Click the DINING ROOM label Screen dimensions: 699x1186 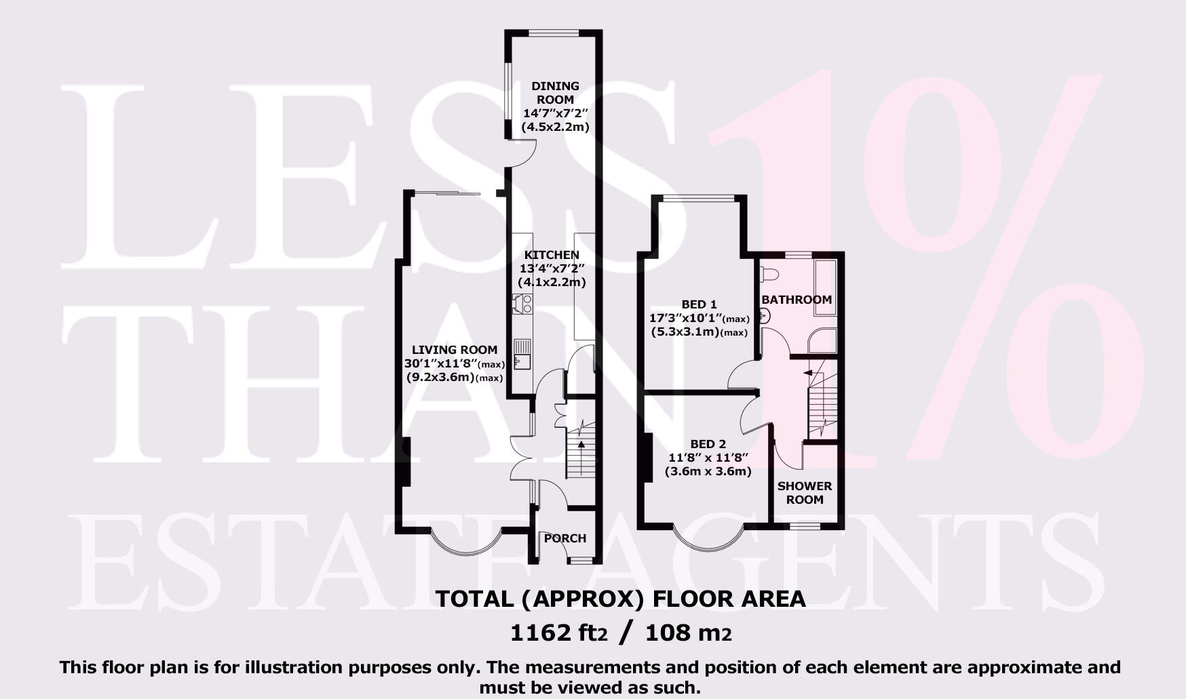pyautogui.click(x=555, y=93)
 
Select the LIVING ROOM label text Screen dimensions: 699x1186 pyautogui.click(x=455, y=350)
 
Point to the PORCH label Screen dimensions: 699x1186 pyautogui.click(x=565, y=538)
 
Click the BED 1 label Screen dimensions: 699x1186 pyautogui.click(x=699, y=304)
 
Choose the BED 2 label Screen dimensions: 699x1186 pyautogui.click(x=708, y=444)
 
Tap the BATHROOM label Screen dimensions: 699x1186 pyautogui.click(x=796, y=300)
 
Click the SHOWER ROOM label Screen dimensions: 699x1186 pyautogui.click(x=805, y=493)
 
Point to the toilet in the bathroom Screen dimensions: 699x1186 pyautogui.click(x=769, y=275)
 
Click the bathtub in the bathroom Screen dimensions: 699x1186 pyautogui.click(x=826, y=287)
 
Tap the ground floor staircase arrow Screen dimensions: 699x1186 pyautogui.click(x=581, y=445)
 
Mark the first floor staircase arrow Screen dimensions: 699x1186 pyautogui.click(x=808, y=372)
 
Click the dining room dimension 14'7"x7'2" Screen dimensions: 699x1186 pyautogui.click(x=555, y=113)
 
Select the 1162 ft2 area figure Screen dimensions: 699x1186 pyautogui.click(x=558, y=633)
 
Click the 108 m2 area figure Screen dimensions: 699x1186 pyautogui.click(x=688, y=633)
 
